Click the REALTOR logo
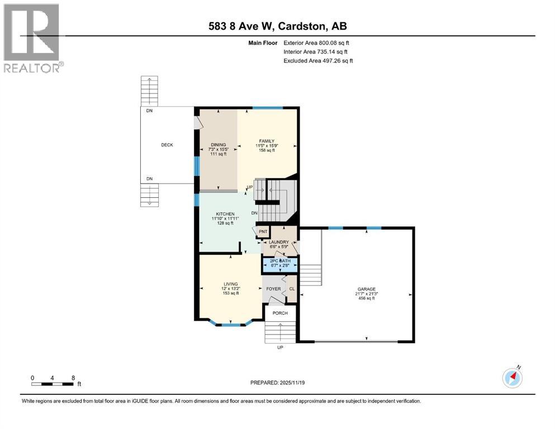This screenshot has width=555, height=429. tap(34, 38)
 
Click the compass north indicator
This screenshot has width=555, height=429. tap(512, 378)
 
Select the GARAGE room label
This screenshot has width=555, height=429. tap(366, 289)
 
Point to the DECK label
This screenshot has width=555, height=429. tap(167, 145)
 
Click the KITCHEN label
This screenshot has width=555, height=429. tap(225, 214)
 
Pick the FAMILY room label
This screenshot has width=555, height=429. tap(267, 141)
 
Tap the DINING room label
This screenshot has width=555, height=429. tap(219, 145)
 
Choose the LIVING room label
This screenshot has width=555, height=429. tap(231, 284)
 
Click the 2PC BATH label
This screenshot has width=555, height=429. tap(281, 261)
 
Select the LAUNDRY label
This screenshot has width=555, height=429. tap(279, 242)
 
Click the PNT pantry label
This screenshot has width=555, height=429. tap(263, 232)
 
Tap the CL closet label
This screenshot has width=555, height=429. tap(292, 289)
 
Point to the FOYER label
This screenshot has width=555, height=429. tap(274, 289)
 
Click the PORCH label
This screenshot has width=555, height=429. tap(280, 313)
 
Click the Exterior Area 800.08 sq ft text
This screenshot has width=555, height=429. tap(316, 43)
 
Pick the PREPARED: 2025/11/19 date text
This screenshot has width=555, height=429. tap(277, 383)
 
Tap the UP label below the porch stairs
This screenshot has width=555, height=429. tap(280, 347)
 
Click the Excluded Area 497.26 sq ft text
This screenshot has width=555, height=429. tap(318, 61)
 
